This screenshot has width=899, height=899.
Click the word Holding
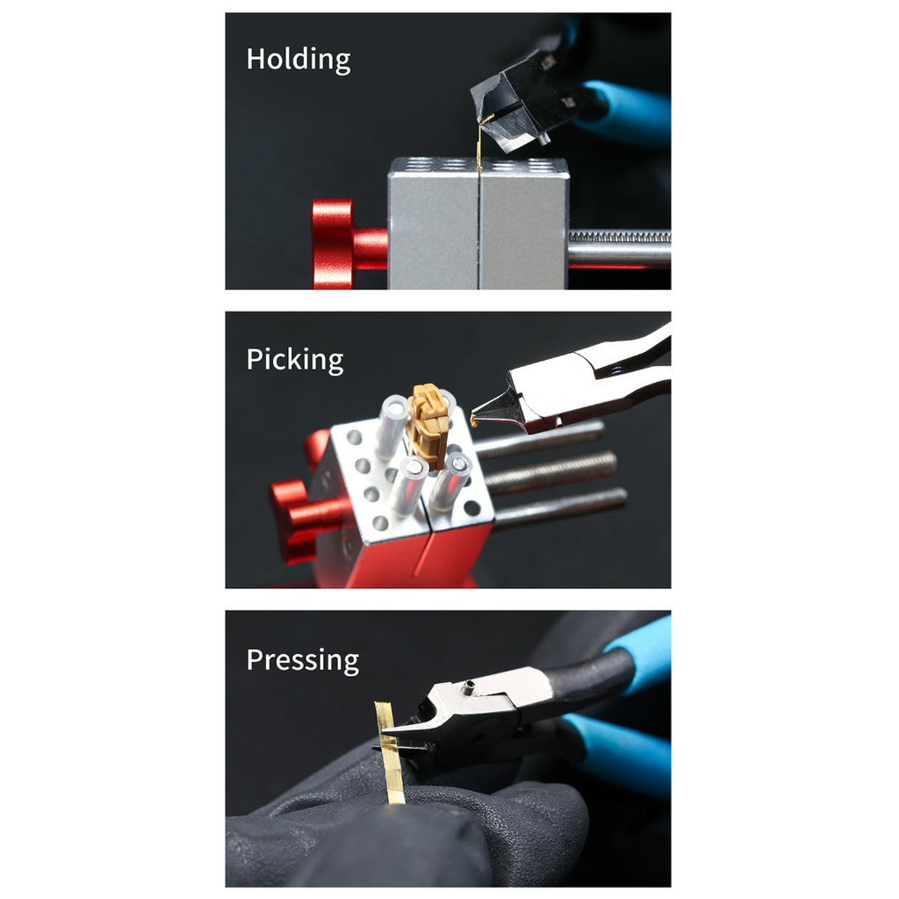pos(298,60)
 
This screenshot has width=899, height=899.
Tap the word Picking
pos(294,360)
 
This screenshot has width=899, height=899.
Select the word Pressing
pos(302,660)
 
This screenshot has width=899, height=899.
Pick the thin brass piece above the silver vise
pos(479,144)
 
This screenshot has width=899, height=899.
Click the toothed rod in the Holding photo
pos(619,237)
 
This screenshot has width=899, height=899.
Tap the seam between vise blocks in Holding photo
pos(479,228)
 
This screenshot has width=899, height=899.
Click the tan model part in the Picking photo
pos(429,425)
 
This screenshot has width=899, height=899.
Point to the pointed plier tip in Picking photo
pos(479,417)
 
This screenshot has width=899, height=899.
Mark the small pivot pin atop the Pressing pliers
pos(470,686)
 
